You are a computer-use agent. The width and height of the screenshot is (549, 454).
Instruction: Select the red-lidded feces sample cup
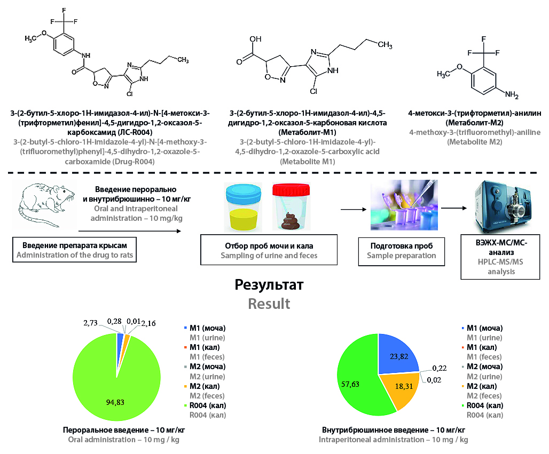click(x=292, y=207)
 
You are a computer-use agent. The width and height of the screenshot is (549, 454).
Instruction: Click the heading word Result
click(x=269, y=304)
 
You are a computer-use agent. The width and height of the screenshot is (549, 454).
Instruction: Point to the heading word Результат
click(x=269, y=284)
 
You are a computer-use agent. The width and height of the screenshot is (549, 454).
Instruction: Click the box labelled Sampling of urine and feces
click(x=269, y=251)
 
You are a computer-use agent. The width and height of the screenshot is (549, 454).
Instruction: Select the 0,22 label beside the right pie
click(x=440, y=368)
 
